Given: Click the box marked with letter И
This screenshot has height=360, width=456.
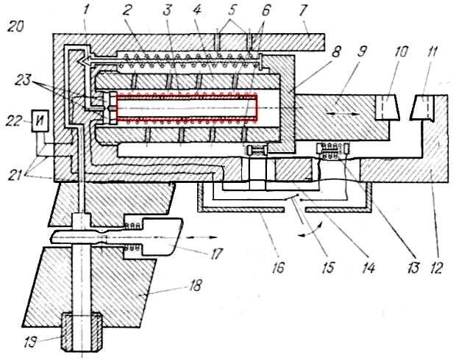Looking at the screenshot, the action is click(40, 120).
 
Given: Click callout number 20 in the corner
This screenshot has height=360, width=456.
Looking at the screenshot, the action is click(15, 27).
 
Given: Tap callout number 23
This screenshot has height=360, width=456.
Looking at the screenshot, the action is click(23, 80).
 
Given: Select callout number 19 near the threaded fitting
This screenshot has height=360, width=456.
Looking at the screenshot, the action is click(30, 343).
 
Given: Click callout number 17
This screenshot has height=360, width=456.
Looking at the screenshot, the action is click(217, 253).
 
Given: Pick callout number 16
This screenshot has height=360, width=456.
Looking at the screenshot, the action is click(278, 268).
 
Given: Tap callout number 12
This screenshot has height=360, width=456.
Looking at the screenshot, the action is click(435, 267).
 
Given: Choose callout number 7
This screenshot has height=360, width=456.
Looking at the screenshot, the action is click(302, 11).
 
